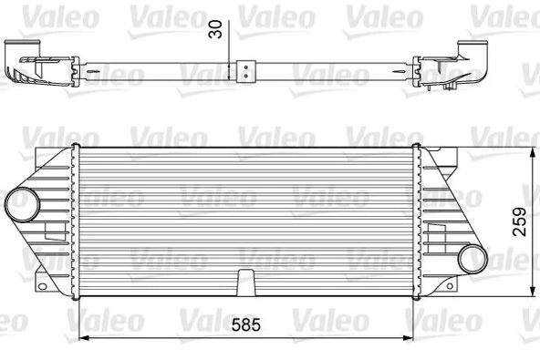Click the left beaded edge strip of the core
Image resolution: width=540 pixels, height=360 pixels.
(x=75, y=219)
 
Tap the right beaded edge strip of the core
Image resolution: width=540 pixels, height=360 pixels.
(x=415, y=219)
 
